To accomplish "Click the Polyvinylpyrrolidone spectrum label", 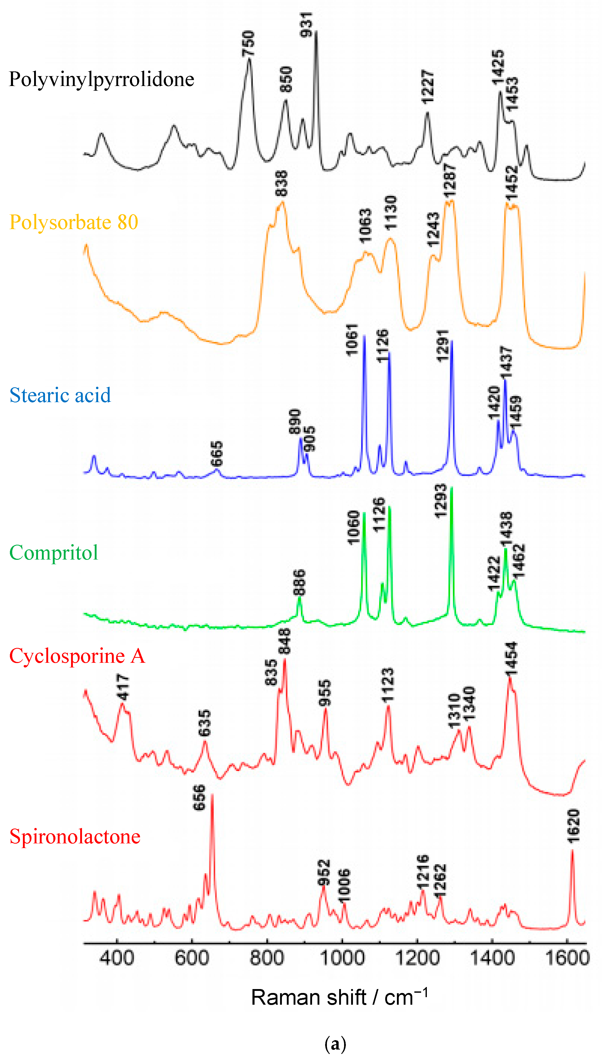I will click(x=102, y=79).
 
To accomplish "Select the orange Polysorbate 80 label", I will click(x=74, y=222).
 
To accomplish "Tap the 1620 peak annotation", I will click(x=574, y=826).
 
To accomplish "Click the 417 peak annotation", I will click(x=123, y=687).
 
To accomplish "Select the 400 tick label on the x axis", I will click(x=117, y=958).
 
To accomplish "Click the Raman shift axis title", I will click(x=339, y=997).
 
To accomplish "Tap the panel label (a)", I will click(x=335, y=1044).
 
